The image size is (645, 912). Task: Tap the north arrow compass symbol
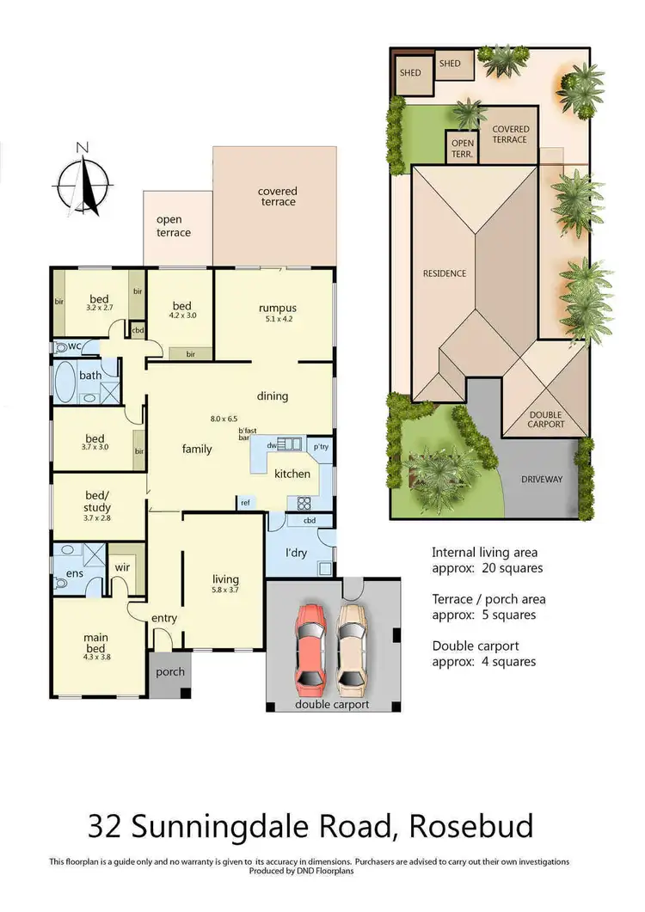pyautogui.click(x=83, y=181)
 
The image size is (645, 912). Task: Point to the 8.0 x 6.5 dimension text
pyautogui.click(x=224, y=419)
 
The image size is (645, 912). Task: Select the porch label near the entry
pyautogui.click(x=170, y=671)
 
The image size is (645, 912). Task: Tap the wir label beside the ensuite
pyautogui.click(x=123, y=566)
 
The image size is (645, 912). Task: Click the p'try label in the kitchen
pyautogui.click(x=321, y=447)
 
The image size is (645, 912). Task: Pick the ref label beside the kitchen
pyautogui.click(x=245, y=503)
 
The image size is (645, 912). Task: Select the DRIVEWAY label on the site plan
pyautogui.click(x=541, y=479)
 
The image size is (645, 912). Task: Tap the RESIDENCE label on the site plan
pyautogui.click(x=444, y=273)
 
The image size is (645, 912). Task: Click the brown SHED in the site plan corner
pyautogui.click(x=410, y=73)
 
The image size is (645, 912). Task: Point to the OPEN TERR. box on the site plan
pyautogui.click(x=462, y=147)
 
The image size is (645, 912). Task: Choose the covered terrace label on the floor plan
pyautogui.click(x=276, y=196)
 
